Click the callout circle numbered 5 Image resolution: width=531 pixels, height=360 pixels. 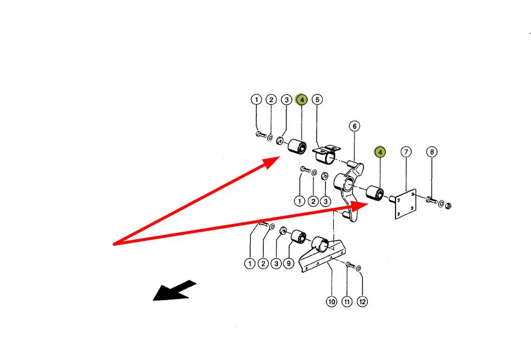click(317, 100)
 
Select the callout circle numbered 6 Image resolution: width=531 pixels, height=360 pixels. click(354, 126)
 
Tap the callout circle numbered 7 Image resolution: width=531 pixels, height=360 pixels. click(405, 152)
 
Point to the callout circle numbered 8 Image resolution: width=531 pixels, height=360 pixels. click(431, 152)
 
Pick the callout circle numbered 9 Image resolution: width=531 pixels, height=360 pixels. click(289, 264)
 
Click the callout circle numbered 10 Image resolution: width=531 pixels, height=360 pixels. click(332, 302)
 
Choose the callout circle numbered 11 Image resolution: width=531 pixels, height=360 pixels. click(347, 302)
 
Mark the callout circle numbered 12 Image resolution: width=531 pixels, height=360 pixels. click(362, 302)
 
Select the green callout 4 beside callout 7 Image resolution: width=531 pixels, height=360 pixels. click(380, 152)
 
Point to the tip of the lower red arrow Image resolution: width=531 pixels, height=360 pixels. click(367, 203)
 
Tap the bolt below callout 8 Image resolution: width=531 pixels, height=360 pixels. click(432, 201)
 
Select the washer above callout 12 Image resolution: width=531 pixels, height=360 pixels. click(358, 268)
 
